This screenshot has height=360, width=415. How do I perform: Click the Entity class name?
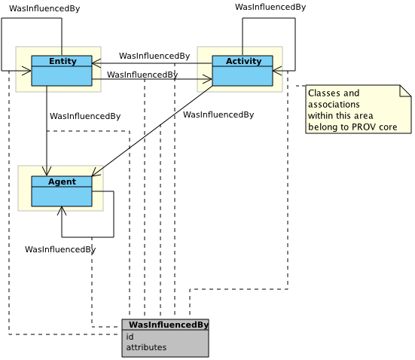point(63,61)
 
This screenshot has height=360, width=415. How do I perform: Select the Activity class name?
point(243,61)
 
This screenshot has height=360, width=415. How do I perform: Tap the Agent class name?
point(62,182)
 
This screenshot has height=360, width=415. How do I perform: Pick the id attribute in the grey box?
point(130,337)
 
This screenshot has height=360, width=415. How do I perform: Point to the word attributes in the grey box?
point(146,347)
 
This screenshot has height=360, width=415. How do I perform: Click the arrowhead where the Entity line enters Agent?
point(47,173)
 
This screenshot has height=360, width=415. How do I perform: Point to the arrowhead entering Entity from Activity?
point(95,63)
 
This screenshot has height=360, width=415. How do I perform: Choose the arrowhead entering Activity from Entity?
point(209,78)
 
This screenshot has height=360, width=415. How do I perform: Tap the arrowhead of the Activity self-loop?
point(276,71)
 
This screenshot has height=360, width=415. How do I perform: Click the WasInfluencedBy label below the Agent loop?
point(60,249)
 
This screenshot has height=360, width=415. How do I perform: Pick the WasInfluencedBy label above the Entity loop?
point(44,8)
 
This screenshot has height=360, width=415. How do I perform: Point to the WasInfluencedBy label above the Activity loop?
point(270,7)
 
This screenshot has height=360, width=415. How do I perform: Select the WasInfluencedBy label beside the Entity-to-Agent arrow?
point(85,116)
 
